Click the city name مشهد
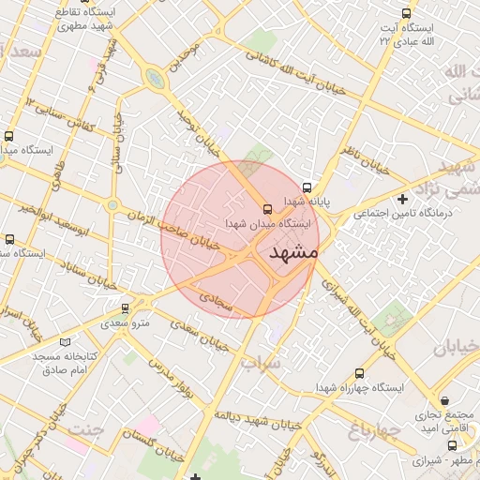pyautogui.click(x=293, y=253)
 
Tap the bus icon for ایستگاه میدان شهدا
pyautogui.click(x=267, y=208)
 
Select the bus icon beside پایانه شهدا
pyautogui.click(x=307, y=186)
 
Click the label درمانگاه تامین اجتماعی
pyautogui.click(x=402, y=214)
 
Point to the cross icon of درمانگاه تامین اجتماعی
pyautogui.click(x=403, y=199)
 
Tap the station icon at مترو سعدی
pyautogui.click(x=125, y=307)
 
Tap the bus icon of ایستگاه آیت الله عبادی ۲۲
pyautogui.click(x=405, y=13)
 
